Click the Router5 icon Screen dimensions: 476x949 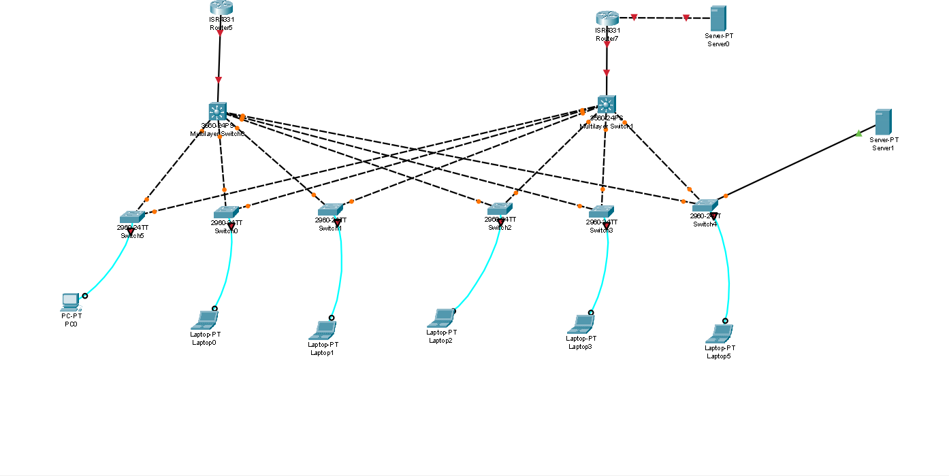(221, 7)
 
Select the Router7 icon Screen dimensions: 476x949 (605, 18)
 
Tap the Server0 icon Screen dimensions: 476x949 (718, 18)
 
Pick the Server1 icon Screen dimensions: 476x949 (884, 122)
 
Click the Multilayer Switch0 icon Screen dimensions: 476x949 (218, 112)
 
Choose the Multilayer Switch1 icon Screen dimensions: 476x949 (607, 104)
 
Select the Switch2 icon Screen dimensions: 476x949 (499, 209)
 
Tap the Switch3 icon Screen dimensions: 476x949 (602, 211)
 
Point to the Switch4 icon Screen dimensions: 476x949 (705, 205)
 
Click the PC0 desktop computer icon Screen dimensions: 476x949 (70, 301)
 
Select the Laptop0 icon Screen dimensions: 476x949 (206, 319)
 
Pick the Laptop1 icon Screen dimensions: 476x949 (323, 330)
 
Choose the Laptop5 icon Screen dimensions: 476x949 (720, 333)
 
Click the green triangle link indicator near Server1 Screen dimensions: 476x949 (858, 133)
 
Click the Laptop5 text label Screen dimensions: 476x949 (719, 356)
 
